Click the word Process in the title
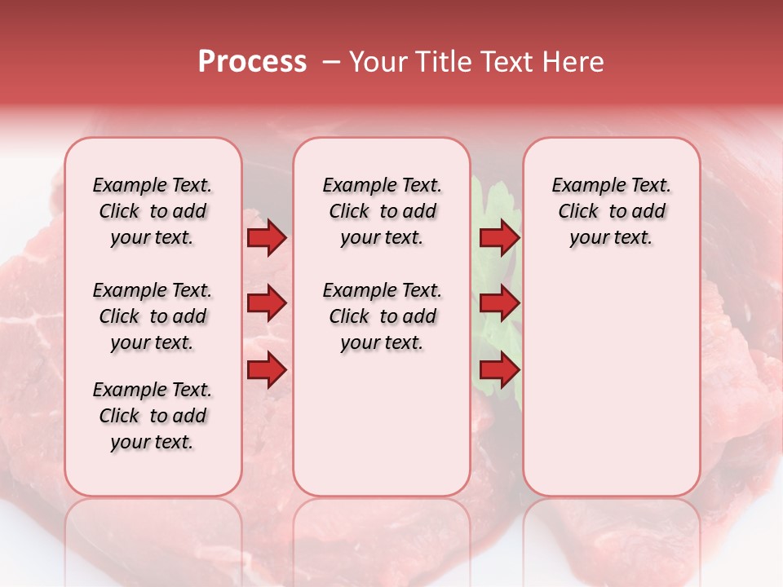coord(252,62)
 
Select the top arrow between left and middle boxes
coord(267,238)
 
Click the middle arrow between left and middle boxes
coord(267,304)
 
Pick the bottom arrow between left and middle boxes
coord(267,370)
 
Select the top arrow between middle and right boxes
coord(499,238)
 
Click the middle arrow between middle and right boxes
coord(499,304)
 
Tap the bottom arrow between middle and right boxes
coord(499,370)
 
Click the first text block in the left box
coord(153,211)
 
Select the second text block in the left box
coord(153,316)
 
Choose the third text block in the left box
coord(153,416)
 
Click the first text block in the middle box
coord(382,211)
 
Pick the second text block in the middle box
coord(382,316)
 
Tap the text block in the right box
coord(611,211)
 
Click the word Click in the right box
coord(578,211)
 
